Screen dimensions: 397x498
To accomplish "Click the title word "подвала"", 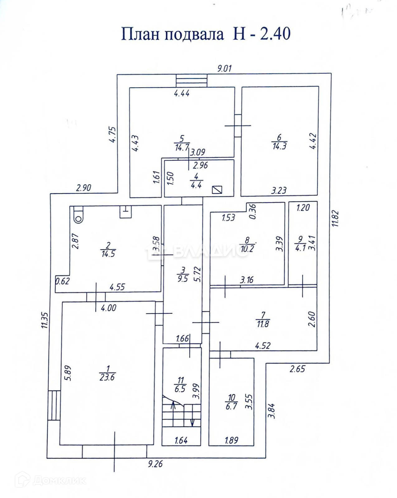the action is [193, 35].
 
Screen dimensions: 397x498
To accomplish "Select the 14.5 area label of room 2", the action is [108, 253].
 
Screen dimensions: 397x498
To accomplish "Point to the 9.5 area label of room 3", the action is [183, 279].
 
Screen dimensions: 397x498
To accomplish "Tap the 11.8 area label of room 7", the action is [262, 324].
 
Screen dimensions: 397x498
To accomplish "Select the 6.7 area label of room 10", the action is [231, 406].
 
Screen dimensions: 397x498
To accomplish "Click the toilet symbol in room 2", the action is [79, 215].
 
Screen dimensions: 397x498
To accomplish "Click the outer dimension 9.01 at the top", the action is [224, 68].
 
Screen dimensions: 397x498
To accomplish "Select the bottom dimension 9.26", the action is [155, 464].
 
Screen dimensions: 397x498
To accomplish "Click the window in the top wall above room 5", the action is [191, 81].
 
